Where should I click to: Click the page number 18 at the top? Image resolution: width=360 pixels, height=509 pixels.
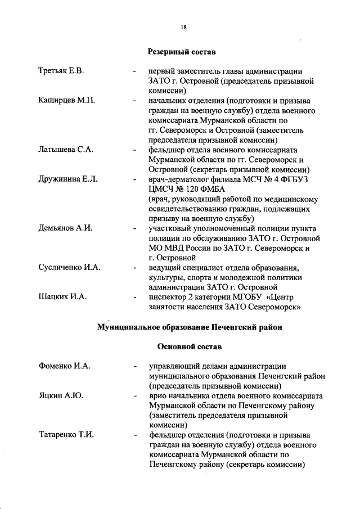(x=183, y=26)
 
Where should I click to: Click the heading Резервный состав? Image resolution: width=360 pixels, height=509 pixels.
(x=182, y=52)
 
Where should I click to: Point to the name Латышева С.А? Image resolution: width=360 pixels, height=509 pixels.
(x=66, y=150)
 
